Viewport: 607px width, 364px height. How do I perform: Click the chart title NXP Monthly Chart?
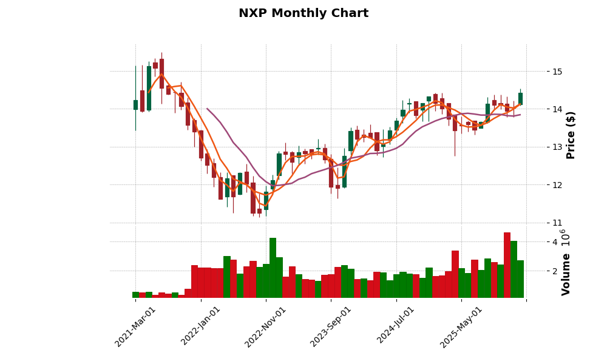tap(303, 13)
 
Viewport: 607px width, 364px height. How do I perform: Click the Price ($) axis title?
tap(571, 135)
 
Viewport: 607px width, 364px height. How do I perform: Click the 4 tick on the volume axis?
tap(554, 242)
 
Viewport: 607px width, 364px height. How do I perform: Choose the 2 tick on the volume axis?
tap(554, 271)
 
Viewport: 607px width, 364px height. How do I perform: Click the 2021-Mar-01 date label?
tap(135, 326)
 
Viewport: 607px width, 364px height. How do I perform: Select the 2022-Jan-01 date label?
tap(201, 326)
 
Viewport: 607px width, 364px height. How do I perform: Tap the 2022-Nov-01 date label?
tap(265, 326)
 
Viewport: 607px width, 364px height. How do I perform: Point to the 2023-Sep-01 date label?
tap(331, 326)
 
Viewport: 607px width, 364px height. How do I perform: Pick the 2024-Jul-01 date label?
tap(396, 326)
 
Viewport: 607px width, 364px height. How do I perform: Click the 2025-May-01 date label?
tap(461, 326)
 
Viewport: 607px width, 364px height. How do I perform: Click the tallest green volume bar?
tap(273, 268)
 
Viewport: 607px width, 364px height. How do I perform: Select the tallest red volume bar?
tap(507, 265)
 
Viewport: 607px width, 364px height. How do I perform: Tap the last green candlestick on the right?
tap(520, 98)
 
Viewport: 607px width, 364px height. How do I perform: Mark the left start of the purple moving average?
tap(207, 109)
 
